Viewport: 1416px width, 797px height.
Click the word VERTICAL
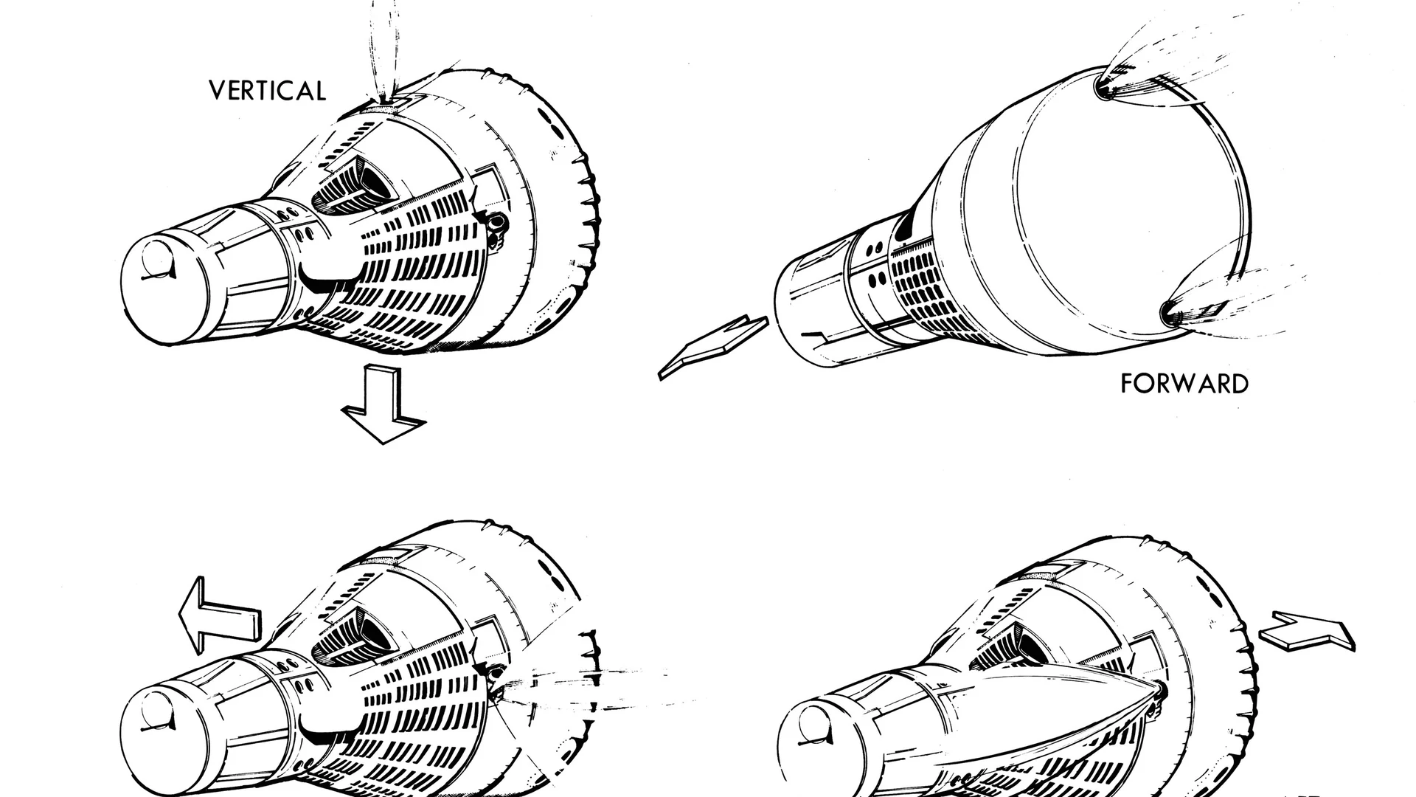pyautogui.click(x=267, y=91)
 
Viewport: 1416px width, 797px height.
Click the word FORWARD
pyautogui.click(x=1184, y=384)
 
